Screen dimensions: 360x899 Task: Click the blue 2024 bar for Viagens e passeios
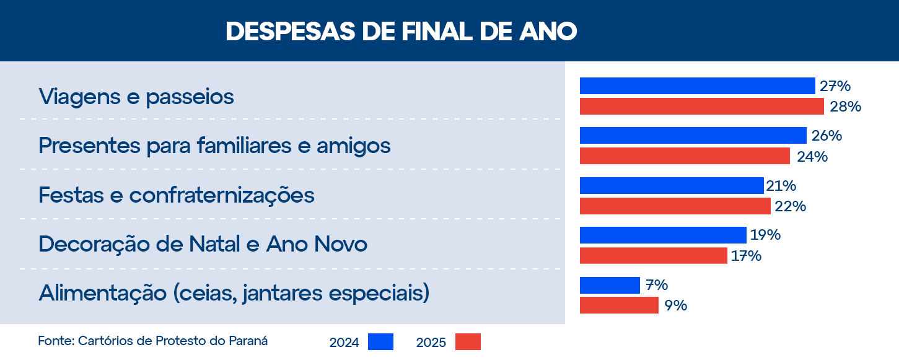coord(697,86)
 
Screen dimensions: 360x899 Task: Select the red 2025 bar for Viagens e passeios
coord(701,107)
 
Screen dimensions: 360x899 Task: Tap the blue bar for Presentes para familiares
coord(693,135)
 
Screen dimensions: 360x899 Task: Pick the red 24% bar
coord(685,156)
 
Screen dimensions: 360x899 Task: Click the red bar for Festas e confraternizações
coord(675,206)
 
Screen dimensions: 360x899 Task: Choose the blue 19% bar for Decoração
coord(663,235)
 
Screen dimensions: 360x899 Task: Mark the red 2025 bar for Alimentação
coord(619,305)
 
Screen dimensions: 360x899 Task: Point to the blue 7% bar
coord(610,285)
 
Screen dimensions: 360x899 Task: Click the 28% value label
coord(846,107)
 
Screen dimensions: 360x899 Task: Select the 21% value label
coord(781,186)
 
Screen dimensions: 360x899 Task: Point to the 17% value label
coord(745,256)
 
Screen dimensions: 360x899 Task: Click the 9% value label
coord(675,305)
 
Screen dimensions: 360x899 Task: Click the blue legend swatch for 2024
coord(380,342)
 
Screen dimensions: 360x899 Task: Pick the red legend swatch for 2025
coord(468,342)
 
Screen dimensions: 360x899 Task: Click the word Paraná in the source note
coord(247,341)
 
